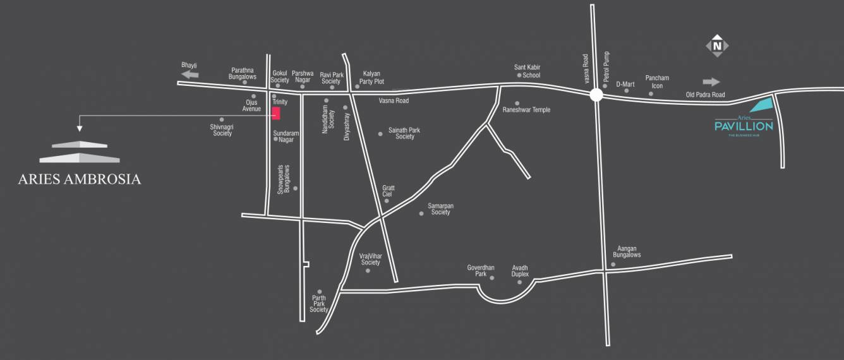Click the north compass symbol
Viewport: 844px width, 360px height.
pos(717,46)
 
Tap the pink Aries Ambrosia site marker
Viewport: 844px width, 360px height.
pos(275,113)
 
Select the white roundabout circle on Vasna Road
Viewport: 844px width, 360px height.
pos(596,95)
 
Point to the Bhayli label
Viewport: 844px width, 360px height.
pos(190,65)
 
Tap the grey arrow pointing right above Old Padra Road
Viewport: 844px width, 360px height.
pos(711,81)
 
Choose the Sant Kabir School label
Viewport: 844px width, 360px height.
pos(527,71)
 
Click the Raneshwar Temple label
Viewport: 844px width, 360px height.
pos(526,110)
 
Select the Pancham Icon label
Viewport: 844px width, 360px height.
pos(657,81)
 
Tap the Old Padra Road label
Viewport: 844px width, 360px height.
pos(706,95)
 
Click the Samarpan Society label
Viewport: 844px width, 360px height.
pos(440,209)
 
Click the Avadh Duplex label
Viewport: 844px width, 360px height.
pos(520,271)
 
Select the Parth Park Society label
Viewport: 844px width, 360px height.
pos(318,303)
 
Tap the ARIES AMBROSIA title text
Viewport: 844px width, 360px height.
pos(80,179)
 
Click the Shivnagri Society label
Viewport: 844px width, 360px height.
pos(222,130)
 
